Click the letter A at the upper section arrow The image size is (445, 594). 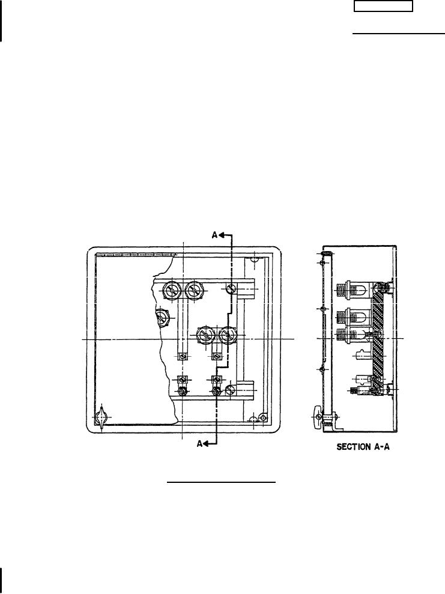coord(215,235)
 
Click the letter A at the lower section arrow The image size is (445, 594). coord(200,444)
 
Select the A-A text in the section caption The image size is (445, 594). coord(381,447)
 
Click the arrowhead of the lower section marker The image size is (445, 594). coord(207,444)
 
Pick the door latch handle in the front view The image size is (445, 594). coord(101,418)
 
